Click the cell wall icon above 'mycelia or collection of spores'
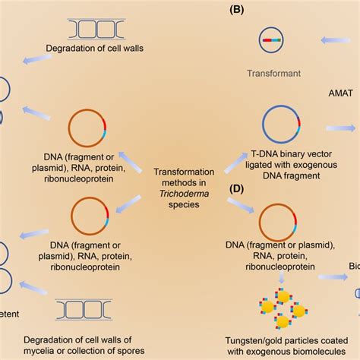click(x=84, y=309)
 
